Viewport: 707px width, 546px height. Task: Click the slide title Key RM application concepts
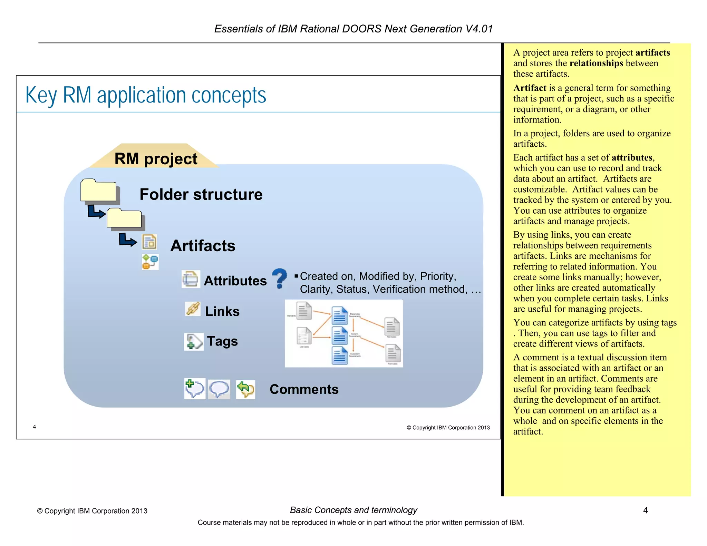146,95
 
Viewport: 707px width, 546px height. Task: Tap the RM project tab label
156,159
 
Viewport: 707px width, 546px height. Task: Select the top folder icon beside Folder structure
99,191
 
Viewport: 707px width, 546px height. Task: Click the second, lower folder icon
125,218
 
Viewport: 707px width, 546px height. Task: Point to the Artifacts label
203,246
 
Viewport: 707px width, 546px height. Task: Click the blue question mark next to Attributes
279,278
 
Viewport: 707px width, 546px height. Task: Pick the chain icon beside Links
193,309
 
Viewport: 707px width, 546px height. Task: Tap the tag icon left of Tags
193,342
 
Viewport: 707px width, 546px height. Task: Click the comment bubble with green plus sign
194,389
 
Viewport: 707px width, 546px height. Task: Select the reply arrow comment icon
245,389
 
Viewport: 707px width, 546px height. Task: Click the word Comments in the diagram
304,389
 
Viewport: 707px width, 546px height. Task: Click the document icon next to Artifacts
149,242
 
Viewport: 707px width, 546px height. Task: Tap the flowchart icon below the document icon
150,262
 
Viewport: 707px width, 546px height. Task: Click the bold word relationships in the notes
596,63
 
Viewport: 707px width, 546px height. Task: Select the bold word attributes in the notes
632,158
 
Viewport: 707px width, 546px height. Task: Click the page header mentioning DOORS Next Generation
353,29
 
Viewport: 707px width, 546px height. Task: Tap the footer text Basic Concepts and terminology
353,510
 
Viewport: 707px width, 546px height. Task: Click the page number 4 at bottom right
645,510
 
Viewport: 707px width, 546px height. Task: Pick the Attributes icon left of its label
191,279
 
